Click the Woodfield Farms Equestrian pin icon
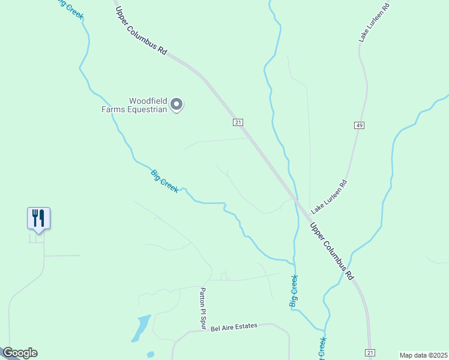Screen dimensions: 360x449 point(176,105)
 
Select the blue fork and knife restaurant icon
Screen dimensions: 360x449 point(38,218)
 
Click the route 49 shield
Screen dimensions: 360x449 point(359,125)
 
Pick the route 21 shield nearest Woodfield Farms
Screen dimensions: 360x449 point(238,122)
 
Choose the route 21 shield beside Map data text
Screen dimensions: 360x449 point(370,352)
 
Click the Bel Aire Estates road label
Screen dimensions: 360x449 point(234,326)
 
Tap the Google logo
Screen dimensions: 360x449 point(19,353)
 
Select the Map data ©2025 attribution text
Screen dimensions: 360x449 point(423,355)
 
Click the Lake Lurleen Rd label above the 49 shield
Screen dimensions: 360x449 point(374,22)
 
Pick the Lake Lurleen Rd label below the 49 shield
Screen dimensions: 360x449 point(329,195)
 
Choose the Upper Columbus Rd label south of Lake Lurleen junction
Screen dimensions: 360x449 point(332,252)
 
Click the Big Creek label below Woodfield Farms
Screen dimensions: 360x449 point(164,181)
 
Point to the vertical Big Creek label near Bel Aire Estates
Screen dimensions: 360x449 point(294,292)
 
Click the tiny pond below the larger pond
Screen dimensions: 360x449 point(150,355)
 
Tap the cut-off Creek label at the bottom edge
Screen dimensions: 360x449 point(322,350)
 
